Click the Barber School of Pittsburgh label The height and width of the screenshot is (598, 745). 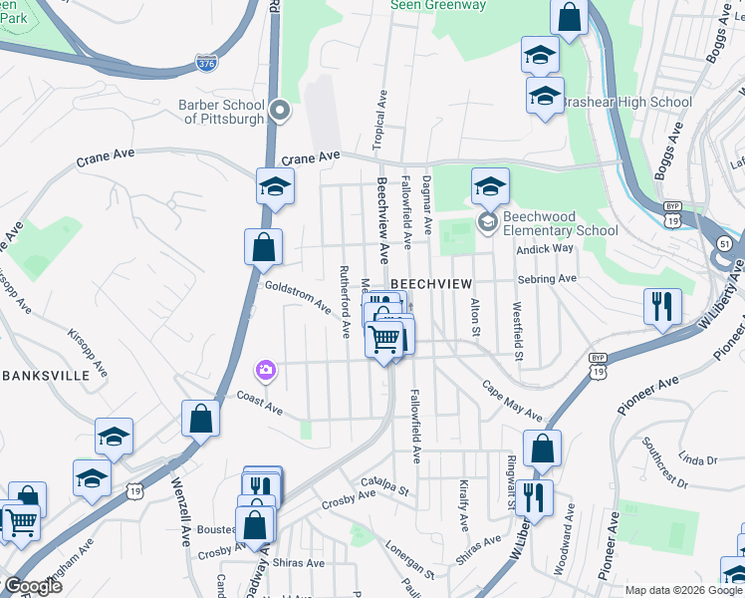pyautogui.click(x=221, y=112)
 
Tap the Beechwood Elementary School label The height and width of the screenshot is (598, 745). pyautogui.click(x=560, y=223)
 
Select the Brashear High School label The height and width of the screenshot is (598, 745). pyautogui.click(x=627, y=102)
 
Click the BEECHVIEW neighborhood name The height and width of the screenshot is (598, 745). pyautogui.click(x=430, y=284)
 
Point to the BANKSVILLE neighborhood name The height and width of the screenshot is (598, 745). pyautogui.click(x=55, y=376)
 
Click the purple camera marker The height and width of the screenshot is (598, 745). pyautogui.click(x=265, y=372)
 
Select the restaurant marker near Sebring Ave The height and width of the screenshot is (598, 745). pyautogui.click(x=662, y=306)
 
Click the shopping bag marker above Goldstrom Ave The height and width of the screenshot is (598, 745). pyautogui.click(x=264, y=246)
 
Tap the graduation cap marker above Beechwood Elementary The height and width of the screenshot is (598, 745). pyautogui.click(x=489, y=186)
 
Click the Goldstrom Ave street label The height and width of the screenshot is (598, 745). pyautogui.click(x=298, y=296)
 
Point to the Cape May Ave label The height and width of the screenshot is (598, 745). pyautogui.click(x=514, y=401)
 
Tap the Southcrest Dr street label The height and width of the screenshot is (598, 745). pyautogui.click(x=665, y=462)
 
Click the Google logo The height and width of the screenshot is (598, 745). pyautogui.click(x=32, y=586)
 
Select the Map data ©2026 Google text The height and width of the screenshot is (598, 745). pyautogui.click(x=683, y=590)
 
